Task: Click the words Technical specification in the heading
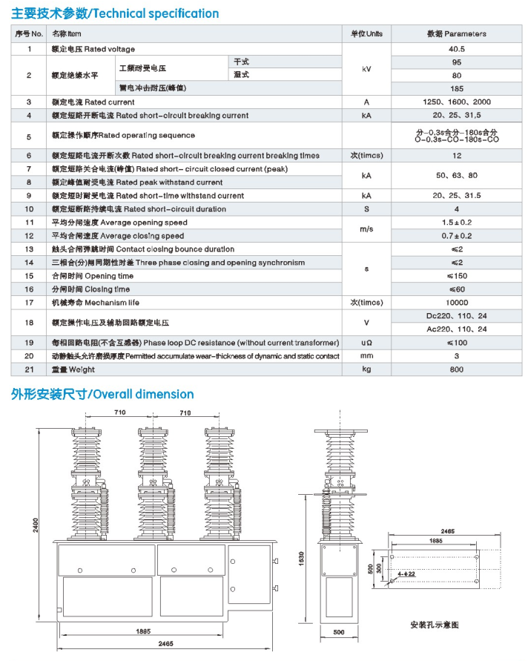pos(156,13)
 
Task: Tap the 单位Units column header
pos(366,33)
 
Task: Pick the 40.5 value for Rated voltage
pos(456,49)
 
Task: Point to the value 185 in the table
pos(456,88)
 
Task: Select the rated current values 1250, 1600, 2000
pos(456,102)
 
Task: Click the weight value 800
pos(456,369)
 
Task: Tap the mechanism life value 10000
pos(456,303)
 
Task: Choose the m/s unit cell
pos(366,228)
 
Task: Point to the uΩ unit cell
pos(366,343)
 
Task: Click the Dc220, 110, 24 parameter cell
pos(456,316)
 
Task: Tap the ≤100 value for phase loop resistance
pos(456,343)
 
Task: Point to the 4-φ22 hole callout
pos(406,573)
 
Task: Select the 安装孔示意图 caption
pos(435,625)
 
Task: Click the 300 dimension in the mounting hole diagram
pos(378,567)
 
